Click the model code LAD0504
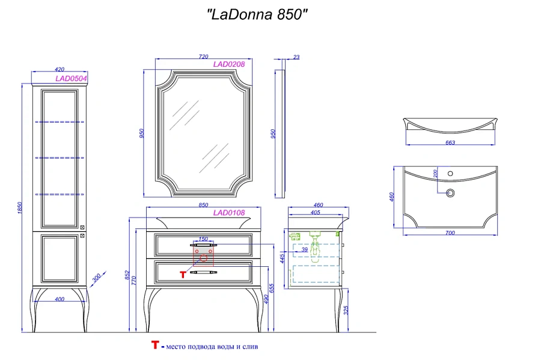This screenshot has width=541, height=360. pyautogui.click(x=71, y=78)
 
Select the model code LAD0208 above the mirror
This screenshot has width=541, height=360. pyautogui.click(x=228, y=64)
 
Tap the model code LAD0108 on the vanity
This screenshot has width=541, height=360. pyautogui.click(x=228, y=212)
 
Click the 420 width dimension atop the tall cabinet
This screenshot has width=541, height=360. pyautogui.click(x=60, y=70)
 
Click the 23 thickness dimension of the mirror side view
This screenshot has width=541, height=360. pyautogui.click(x=296, y=58)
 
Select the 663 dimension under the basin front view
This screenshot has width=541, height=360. pyautogui.click(x=450, y=142)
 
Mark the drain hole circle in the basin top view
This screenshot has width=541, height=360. pyautogui.click(x=450, y=192)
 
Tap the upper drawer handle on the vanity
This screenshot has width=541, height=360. pyautogui.click(x=203, y=245)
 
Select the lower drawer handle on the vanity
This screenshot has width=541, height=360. pyautogui.click(x=203, y=272)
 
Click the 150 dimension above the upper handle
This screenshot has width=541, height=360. pyautogui.click(x=203, y=239)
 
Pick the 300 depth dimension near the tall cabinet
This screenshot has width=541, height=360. pyautogui.click(x=96, y=280)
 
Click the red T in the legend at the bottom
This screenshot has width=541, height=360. pyautogui.click(x=155, y=346)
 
